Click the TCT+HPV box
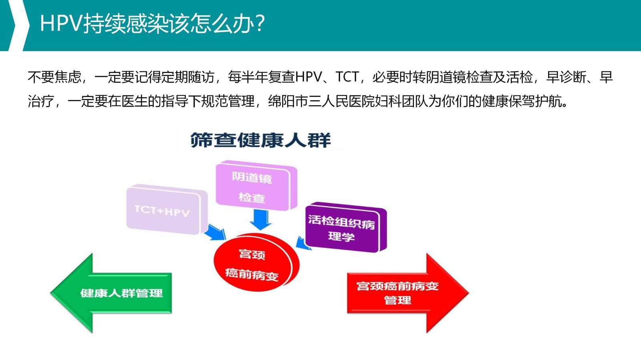pyautogui.click(x=164, y=211)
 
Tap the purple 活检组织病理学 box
pyautogui.click(x=343, y=228)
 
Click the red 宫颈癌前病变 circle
pyautogui.click(x=253, y=263)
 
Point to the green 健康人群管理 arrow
pyautogui.click(x=116, y=293)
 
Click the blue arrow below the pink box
pyautogui.click(x=260, y=220)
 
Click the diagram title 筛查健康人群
pyautogui.click(x=260, y=140)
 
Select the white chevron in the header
pyautogui.click(x=16, y=25)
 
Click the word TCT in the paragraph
pyautogui.click(x=347, y=77)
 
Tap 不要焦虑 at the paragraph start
pyautogui.click(x=54, y=77)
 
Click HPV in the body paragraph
pyautogui.click(x=308, y=77)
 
